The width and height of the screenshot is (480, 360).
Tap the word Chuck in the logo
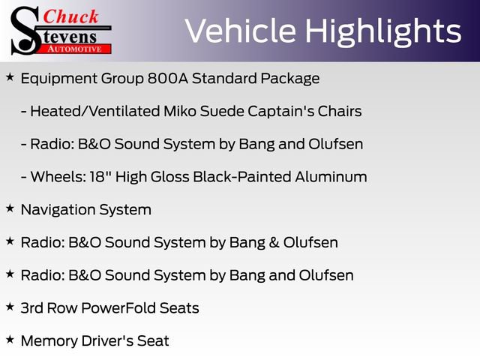tap(70, 16)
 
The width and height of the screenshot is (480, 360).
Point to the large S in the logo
tap(26, 30)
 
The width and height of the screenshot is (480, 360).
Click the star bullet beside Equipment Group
tap(10, 77)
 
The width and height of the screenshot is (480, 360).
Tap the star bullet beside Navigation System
tap(10, 209)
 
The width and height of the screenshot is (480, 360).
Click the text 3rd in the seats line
tap(33, 308)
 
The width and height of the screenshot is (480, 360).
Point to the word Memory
tap(48, 341)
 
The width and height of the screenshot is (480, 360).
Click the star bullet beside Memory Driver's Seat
tap(10, 340)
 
